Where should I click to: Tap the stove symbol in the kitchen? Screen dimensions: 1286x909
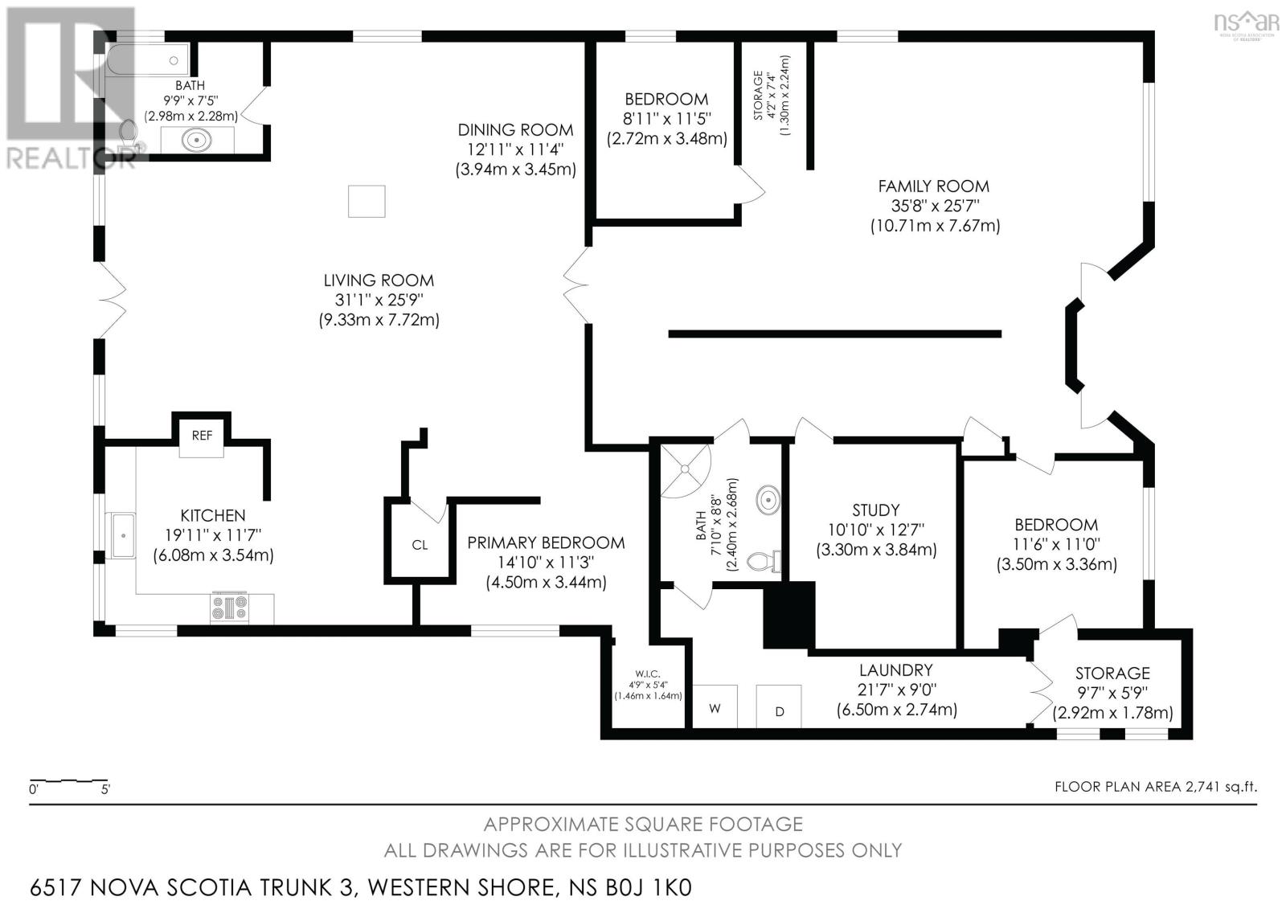[x=230, y=607]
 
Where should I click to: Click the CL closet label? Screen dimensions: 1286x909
[x=420, y=544]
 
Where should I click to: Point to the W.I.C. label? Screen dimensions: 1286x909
[x=648, y=674]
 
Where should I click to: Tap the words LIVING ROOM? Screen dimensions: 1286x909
[x=379, y=280]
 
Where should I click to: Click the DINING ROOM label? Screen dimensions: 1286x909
[x=515, y=129]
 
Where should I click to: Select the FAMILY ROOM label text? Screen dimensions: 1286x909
[x=934, y=186]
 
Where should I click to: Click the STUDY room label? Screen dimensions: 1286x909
[x=876, y=510]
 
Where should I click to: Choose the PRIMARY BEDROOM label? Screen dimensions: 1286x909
[x=546, y=543]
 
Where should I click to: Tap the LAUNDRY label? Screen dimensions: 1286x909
[x=896, y=670]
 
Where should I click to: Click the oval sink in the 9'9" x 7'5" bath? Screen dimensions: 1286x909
[x=197, y=139]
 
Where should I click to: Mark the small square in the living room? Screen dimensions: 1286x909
[x=367, y=201]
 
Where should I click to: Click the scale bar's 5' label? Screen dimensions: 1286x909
[x=105, y=789]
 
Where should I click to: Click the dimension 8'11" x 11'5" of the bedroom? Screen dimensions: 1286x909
[x=667, y=119]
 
